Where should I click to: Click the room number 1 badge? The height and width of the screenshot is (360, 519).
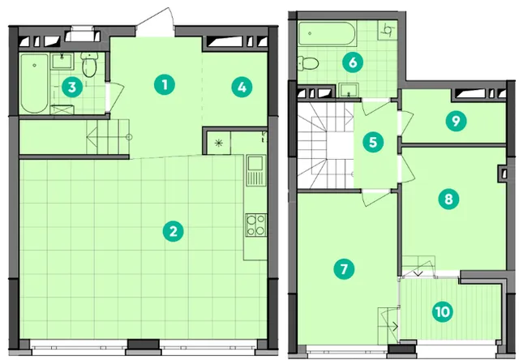(165, 84)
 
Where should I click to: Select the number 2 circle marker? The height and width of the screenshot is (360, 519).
(173, 231)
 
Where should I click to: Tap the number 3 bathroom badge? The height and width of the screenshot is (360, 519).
(72, 88)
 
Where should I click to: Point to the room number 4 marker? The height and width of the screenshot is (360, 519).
(242, 88)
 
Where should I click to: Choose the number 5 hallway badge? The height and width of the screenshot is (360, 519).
(373, 142)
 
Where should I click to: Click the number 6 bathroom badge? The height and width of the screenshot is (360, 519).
(353, 62)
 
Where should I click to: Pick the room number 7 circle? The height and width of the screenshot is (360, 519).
(344, 268)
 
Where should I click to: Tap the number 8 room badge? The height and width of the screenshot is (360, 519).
(448, 199)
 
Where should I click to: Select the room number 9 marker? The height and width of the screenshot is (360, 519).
(456, 121)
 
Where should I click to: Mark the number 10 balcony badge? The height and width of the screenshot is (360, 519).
(443, 311)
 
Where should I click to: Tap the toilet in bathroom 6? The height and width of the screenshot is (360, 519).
(308, 63)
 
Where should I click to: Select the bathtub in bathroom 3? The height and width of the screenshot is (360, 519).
(34, 84)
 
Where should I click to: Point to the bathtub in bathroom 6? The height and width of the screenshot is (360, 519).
(327, 34)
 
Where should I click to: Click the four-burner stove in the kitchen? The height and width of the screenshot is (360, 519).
(256, 225)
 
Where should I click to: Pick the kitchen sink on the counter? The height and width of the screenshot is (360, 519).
(255, 171)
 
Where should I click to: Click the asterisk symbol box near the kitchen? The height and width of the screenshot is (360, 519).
(218, 143)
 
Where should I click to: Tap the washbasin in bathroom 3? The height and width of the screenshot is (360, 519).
(62, 61)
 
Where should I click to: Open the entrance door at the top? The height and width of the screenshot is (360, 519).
(156, 23)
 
